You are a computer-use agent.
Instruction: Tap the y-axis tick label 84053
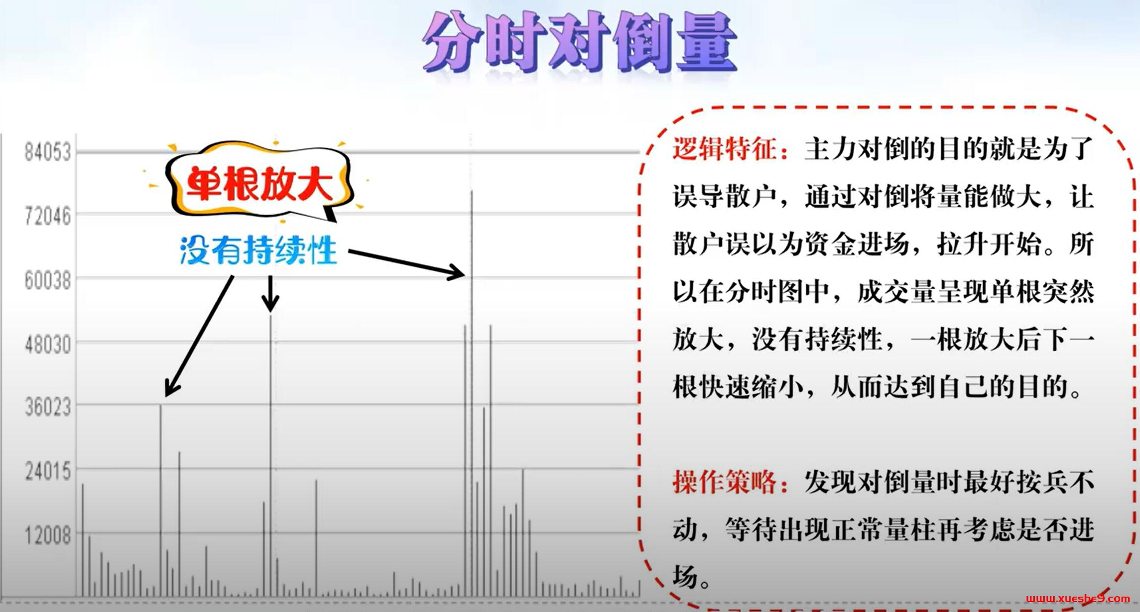(48, 152)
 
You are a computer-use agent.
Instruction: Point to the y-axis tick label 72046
(48, 216)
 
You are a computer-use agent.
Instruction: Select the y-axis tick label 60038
(48, 281)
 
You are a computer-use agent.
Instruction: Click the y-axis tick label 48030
(48, 344)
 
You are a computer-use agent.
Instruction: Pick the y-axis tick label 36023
(48, 408)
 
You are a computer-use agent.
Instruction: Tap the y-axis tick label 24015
(48, 472)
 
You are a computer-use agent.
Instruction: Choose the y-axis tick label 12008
(48, 536)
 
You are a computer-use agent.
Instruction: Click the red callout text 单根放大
(259, 183)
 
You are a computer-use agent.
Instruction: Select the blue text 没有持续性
(258, 250)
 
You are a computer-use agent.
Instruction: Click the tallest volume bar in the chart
(471, 397)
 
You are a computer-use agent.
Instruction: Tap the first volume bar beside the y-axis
(83, 541)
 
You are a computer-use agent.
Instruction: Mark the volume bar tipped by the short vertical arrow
(270, 456)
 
